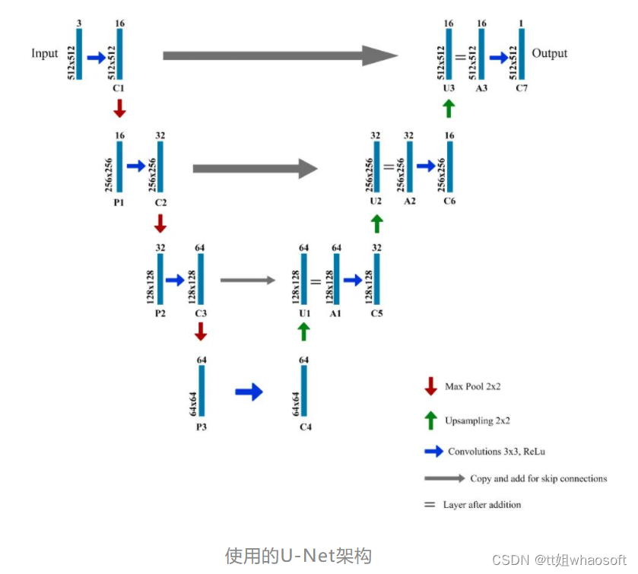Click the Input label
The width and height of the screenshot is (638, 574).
[x=44, y=53]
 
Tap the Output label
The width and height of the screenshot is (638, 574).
[x=550, y=53]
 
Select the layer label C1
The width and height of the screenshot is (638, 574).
[x=119, y=89]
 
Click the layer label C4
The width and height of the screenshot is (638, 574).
[x=305, y=427]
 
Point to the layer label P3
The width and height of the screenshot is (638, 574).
[x=202, y=427]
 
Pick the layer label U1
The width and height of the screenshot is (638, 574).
[x=304, y=313]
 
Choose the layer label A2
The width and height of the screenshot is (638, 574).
[x=409, y=201]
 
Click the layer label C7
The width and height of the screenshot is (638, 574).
[x=522, y=89]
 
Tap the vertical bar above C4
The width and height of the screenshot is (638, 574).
[x=304, y=391]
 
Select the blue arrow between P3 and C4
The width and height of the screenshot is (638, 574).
[x=249, y=392]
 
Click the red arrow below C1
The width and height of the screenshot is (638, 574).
[x=119, y=109]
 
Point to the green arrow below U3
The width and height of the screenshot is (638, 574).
[x=449, y=109]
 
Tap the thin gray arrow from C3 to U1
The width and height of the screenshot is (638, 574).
[x=248, y=281]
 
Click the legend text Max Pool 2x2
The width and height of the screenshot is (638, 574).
[x=473, y=387]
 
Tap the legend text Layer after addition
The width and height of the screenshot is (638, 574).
[x=482, y=505]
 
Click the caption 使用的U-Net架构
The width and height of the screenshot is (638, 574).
[x=298, y=556]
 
